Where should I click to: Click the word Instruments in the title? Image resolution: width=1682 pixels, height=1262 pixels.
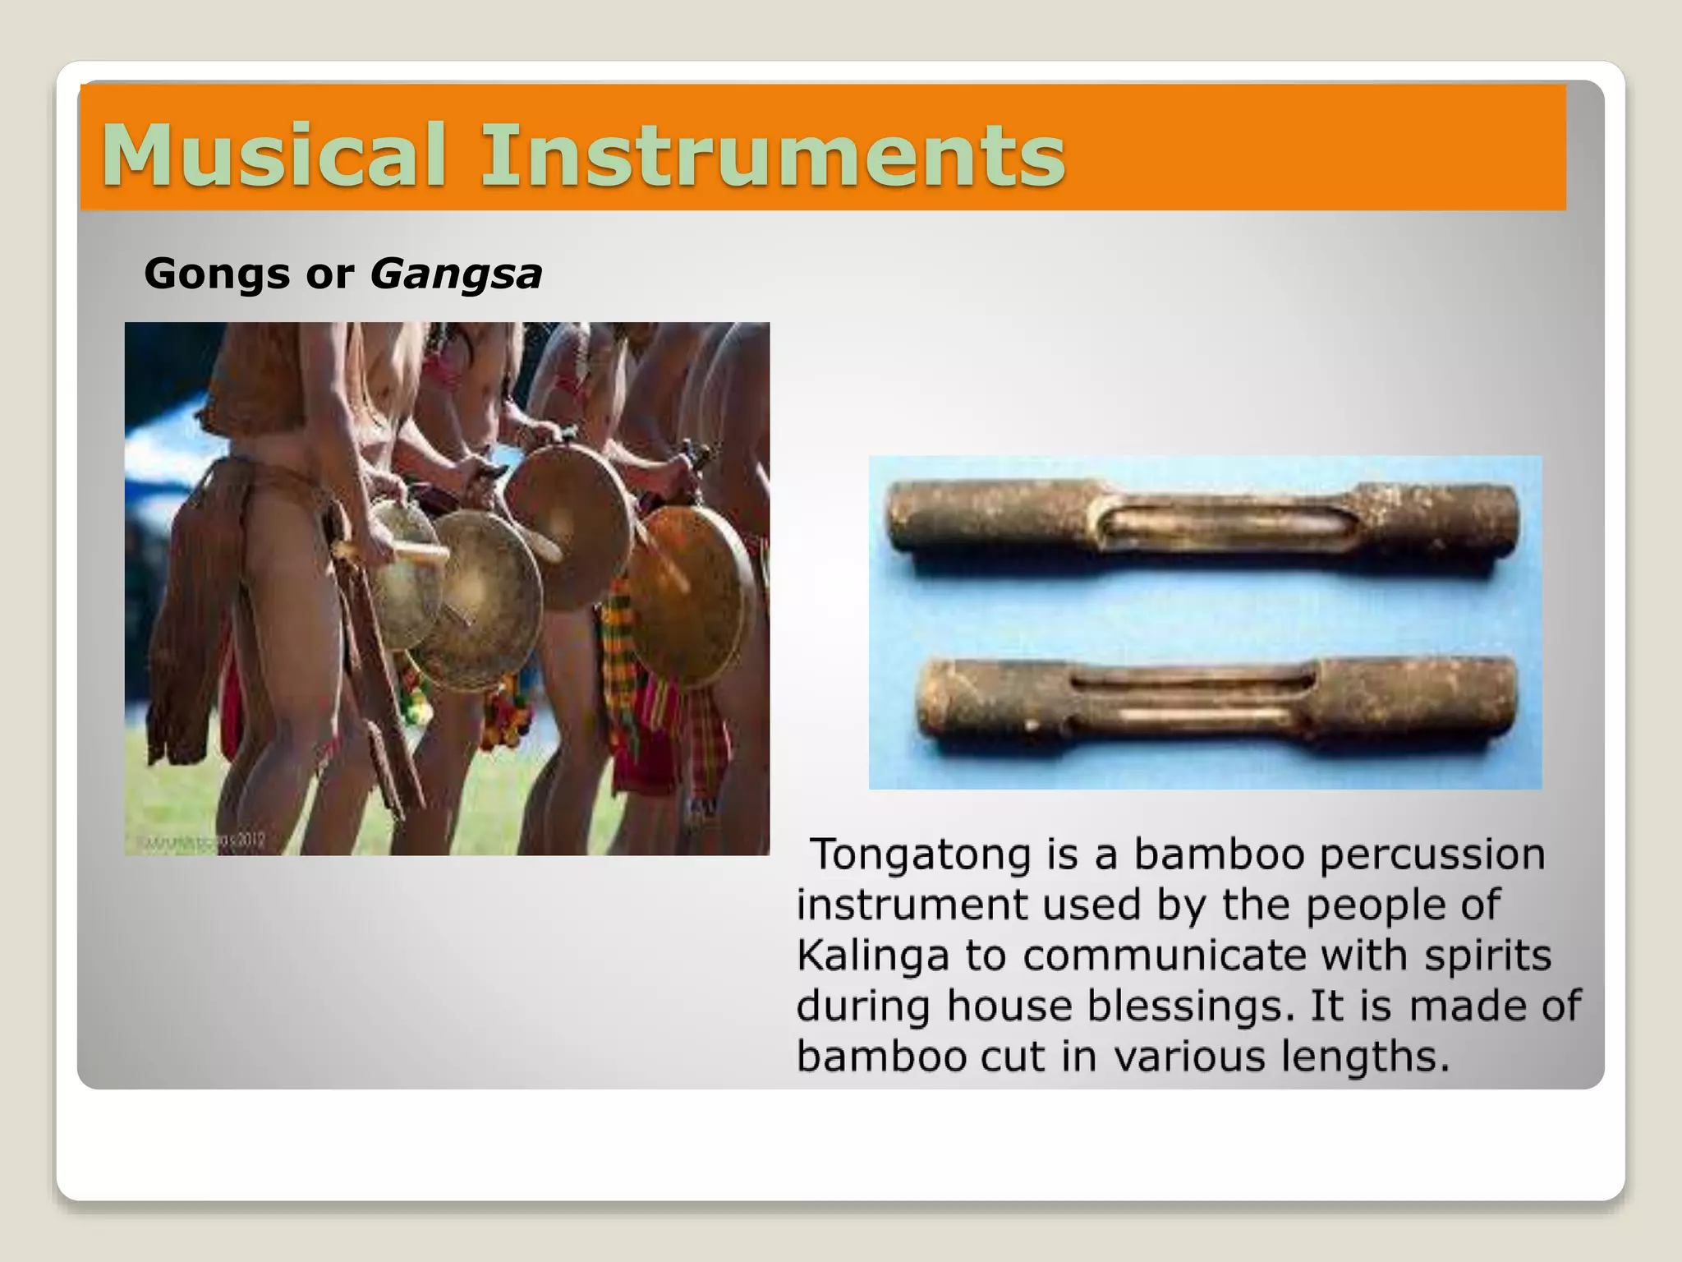coord(772,154)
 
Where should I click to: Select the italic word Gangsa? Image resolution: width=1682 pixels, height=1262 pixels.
coord(456,274)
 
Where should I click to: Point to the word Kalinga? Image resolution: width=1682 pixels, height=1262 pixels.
coord(872,956)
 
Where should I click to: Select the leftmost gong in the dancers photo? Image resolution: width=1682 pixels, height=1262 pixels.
coord(402,575)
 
